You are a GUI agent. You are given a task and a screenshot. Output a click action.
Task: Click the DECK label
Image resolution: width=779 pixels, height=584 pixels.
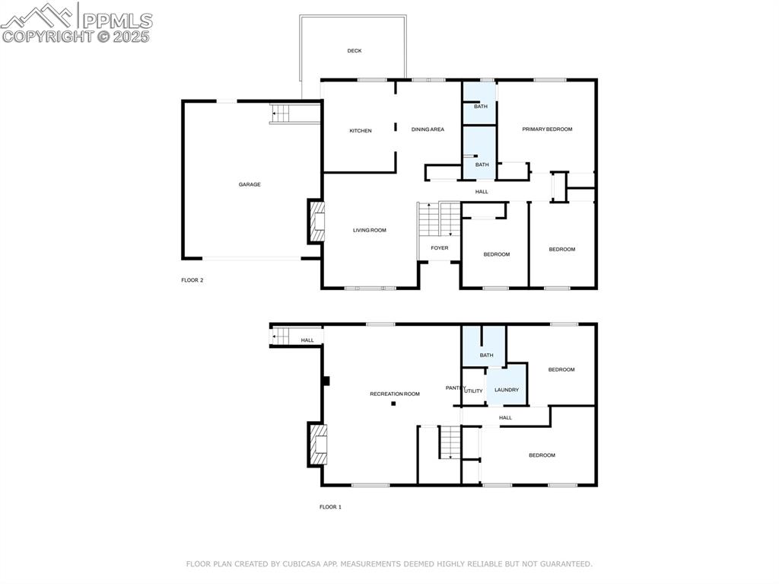tap(355, 51)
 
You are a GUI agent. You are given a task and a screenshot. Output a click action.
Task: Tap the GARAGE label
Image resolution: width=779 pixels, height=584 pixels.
tap(250, 184)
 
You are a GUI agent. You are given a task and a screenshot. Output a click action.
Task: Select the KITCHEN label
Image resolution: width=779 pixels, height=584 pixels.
tap(361, 131)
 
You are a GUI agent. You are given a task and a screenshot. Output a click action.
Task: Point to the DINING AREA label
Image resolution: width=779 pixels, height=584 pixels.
tap(428, 129)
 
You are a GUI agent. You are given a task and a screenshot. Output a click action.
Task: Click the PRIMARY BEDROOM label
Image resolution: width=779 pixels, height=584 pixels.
tap(547, 129)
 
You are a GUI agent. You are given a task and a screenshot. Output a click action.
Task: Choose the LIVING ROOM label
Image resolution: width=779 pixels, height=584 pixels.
tap(369, 230)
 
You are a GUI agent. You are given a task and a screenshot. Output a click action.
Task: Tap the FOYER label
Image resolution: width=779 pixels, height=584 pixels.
tap(440, 248)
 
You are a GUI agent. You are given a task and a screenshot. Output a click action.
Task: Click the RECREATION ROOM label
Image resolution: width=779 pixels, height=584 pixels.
tap(395, 394)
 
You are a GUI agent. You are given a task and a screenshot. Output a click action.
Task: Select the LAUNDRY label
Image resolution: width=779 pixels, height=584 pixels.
tap(507, 390)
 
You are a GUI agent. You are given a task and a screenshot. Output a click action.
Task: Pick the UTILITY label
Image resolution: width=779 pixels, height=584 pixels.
tap(474, 391)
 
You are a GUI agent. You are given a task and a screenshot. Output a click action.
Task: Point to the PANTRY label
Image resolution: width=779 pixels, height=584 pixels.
tap(455, 388)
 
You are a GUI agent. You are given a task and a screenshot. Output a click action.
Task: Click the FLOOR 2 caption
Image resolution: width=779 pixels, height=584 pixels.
tap(192, 280)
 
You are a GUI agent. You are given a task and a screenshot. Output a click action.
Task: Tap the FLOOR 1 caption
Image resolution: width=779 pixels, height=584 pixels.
tap(330, 506)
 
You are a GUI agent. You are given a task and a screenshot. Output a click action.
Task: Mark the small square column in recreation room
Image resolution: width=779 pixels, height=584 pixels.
tap(393, 404)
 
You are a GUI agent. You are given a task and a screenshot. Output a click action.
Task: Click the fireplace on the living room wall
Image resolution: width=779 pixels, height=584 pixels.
tap(316, 221)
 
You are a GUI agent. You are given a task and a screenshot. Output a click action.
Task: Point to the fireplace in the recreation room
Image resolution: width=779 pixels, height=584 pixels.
tap(316, 443)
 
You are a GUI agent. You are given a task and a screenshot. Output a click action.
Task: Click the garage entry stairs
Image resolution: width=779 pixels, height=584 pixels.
tap(280, 114)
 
